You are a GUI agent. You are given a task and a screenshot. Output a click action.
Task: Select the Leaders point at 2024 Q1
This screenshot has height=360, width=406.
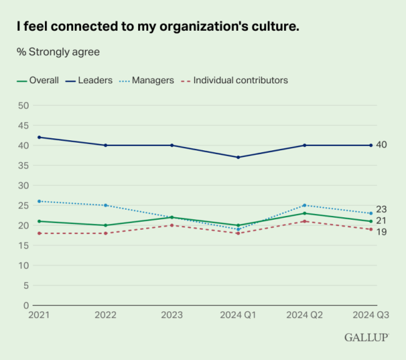coord(238,157)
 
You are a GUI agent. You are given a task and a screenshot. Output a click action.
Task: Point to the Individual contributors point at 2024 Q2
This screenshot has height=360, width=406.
coord(304,221)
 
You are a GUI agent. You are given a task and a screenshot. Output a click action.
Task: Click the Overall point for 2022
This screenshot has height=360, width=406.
coord(105,225)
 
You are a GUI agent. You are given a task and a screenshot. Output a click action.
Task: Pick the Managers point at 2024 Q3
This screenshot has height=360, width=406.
coord(371,213)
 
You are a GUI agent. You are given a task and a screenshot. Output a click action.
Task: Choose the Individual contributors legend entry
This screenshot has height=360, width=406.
coord(240,80)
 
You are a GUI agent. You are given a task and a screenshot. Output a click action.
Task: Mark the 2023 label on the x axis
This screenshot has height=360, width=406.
coord(171,316)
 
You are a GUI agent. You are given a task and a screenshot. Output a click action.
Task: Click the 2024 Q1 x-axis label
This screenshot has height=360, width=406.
coord(238,316)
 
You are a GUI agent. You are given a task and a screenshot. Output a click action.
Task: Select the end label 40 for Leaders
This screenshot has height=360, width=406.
coord(381,145)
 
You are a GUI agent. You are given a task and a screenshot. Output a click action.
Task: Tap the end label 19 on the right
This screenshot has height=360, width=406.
coord(381,232)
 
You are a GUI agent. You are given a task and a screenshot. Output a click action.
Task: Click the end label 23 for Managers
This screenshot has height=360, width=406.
coord(381,210)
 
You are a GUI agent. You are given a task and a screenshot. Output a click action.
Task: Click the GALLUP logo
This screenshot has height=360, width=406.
coord(367,337)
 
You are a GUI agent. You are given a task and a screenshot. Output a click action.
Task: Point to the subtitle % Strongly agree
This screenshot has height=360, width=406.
coord(58,51)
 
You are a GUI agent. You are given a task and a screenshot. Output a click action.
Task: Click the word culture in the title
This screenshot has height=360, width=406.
coord(274,28)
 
